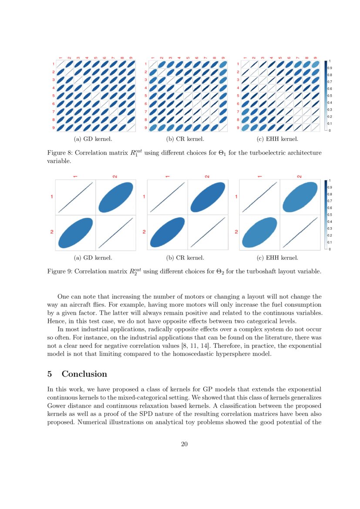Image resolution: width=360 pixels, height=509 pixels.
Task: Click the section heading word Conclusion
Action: tap(84, 374)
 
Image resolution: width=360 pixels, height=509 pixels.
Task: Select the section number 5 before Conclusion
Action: tap(50, 374)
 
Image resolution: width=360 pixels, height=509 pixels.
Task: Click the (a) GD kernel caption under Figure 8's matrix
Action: tap(93, 139)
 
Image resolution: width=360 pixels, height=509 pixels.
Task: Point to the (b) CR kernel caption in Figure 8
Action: tap(185, 139)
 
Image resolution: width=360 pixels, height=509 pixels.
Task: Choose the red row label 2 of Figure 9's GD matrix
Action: tap(52, 232)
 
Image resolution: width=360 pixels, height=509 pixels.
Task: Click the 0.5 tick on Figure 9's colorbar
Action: tap(329, 215)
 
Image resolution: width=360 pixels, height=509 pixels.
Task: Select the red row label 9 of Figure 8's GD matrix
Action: tap(53, 128)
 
